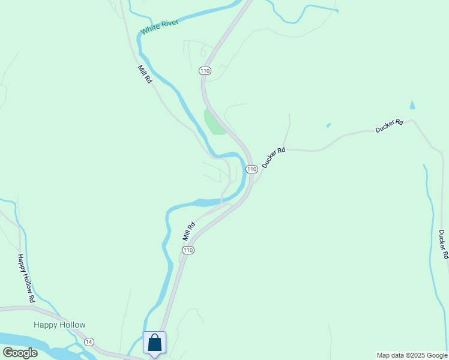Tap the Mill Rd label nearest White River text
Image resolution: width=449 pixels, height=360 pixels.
click(x=145, y=74)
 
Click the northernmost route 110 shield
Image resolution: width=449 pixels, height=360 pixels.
click(x=205, y=71)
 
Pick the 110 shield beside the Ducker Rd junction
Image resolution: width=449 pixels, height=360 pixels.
click(x=252, y=169)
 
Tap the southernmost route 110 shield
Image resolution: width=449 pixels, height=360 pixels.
click(x=188, y=250)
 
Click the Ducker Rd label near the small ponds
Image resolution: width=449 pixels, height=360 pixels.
click(x=390, y=125)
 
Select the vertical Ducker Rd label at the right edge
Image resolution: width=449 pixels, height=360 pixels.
click(x=444, y=244)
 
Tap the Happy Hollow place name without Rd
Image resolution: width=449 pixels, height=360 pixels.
click(x=59, y=325)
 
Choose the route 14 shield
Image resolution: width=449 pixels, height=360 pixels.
click(x=89, y=342)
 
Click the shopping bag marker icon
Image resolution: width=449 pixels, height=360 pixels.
click(x=154, y=343)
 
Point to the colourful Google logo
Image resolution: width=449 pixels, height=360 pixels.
click(x=20, y=353)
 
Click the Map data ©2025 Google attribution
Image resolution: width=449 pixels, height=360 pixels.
click(x=412, y=355)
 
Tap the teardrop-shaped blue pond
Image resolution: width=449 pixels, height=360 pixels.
click(x=412, y=106)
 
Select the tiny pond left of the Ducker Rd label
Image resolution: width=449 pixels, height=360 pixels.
click(x=328, y=125)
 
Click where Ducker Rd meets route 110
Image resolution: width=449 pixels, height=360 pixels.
click(x=255, y=180)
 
